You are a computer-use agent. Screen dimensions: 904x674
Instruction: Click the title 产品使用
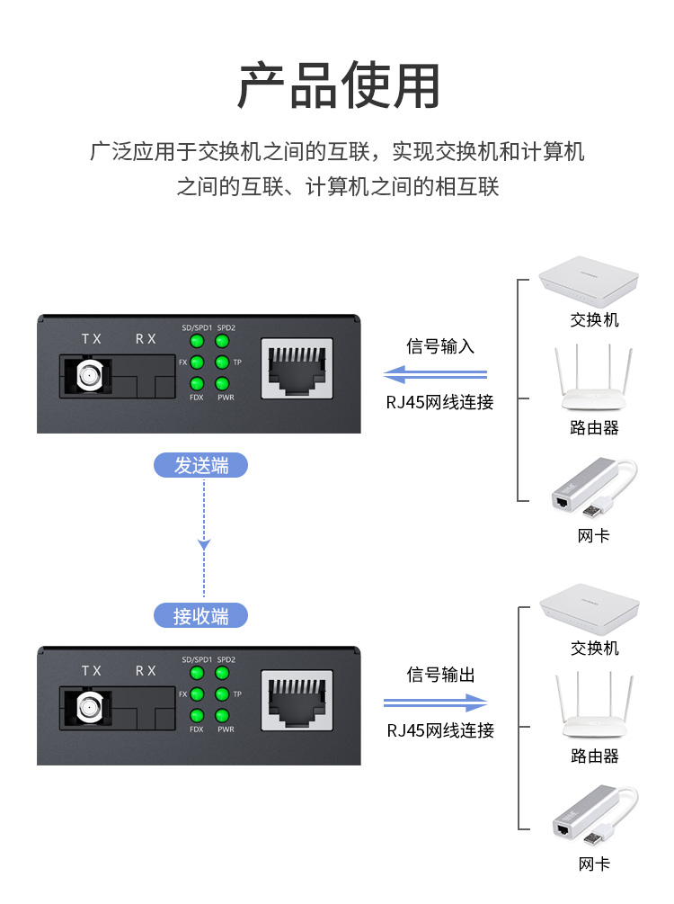[x=338, y=87]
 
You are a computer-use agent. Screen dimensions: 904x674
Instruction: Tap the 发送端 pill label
[x=200, y=465]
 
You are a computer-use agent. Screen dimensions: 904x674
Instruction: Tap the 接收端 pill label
[x=200, y=616]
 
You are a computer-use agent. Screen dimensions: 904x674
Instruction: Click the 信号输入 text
[x=440, y=346]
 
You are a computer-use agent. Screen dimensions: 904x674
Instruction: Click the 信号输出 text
[x=440, y=675]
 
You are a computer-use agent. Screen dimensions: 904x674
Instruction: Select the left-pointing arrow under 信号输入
[x=435, y=374]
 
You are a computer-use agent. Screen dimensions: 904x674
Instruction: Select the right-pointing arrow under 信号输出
[x=435, y=703]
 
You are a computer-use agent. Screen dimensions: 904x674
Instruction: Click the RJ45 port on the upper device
[x=297, y=369]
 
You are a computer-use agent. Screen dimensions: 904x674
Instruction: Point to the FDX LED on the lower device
[x=195, y=716]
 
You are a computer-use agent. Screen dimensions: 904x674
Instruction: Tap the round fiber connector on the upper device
[x=90, y=376]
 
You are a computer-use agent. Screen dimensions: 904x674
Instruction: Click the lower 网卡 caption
[x=593, y=864]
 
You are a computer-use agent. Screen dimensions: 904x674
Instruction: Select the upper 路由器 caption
[x=594, y=428]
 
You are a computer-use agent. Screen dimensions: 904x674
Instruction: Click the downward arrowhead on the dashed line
[x=205, y=544]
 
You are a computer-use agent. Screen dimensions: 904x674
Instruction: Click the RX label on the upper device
[x=146, y=339]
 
